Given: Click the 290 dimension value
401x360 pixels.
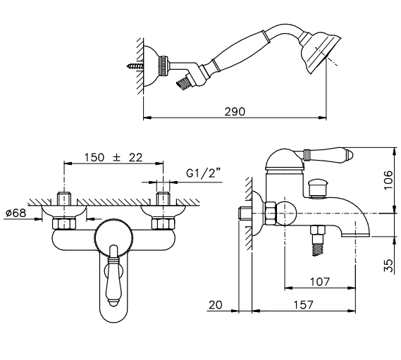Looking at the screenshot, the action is click(235, 111).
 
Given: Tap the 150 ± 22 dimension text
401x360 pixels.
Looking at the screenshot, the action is click(113, 157).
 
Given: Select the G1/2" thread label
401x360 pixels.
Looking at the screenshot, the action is click(203, 173).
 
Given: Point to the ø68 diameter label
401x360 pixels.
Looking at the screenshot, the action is click(16, 213).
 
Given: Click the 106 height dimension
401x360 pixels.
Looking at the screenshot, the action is click(388, 180).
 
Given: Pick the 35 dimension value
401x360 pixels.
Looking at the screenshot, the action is click(388, 266).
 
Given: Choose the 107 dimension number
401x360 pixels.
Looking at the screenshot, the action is click(320, 282).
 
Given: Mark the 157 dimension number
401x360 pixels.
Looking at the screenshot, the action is click(303, 305).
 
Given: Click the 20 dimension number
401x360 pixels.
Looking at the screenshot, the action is click(216, 305).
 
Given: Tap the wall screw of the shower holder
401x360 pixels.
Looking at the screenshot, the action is click(135, 66).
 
